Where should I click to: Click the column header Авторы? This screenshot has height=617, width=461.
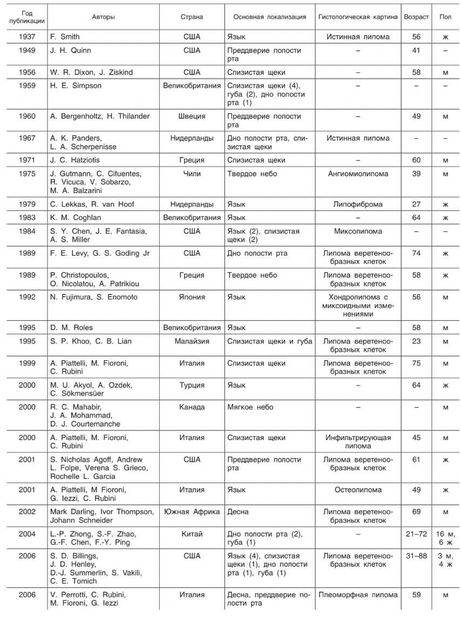pyautogui.click(x=103, y=17)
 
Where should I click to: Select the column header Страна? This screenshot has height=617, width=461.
pyautogui.click(x=192, y=17)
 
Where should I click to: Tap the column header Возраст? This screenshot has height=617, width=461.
pyautogui.click(x=416, y=17)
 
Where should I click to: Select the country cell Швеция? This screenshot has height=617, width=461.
pyautogui.click(x=192, y=116)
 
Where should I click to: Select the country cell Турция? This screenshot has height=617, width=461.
pyautogui.click(x=192, y=385)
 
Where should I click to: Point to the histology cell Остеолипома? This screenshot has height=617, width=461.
pyautogui.click(x=358, y=490)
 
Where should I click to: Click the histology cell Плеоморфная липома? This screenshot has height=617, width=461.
pyautogui.click(x=358, y=595)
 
